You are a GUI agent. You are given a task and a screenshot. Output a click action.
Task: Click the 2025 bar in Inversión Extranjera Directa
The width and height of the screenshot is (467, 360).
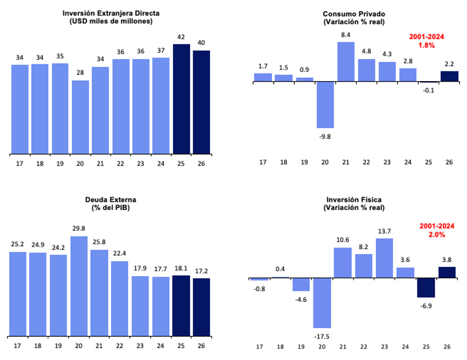[181, 99]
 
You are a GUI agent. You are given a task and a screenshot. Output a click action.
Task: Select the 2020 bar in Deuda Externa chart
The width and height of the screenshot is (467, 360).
[79, 286]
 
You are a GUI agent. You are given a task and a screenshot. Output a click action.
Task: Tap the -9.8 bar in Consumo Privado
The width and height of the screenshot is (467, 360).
[325, 105]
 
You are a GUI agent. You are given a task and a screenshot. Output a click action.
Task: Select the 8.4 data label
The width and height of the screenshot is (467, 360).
[346, 35]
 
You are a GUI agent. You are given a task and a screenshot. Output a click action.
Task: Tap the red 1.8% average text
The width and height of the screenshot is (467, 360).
[426, 44]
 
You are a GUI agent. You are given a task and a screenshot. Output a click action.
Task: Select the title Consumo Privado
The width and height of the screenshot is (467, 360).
[354, 14]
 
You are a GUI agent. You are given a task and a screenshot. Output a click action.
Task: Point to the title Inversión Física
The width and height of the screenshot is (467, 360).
[354, 200]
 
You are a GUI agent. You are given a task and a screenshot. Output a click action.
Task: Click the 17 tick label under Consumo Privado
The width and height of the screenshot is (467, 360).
[263, 162]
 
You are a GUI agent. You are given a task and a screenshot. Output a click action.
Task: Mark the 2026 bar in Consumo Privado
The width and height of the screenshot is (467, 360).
[449, 76]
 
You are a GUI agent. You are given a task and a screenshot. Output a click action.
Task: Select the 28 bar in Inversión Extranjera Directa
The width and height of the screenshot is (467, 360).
[81, 117]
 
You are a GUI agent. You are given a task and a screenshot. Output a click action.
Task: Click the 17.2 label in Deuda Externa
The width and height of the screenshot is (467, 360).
[201, 271]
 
